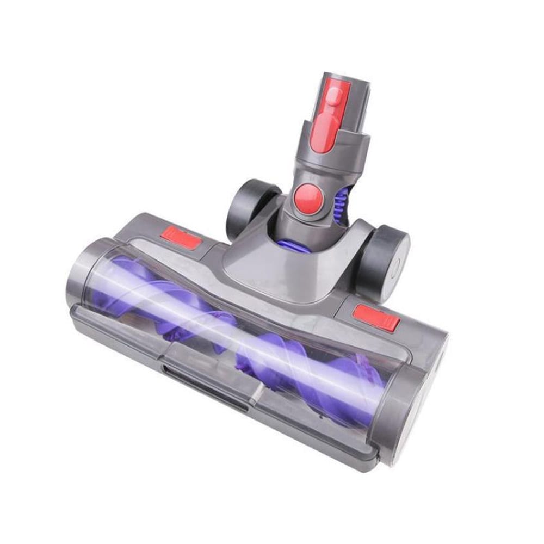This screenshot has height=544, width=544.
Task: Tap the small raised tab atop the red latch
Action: point(336,97)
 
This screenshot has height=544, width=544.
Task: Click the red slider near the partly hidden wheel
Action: point(181,238)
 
